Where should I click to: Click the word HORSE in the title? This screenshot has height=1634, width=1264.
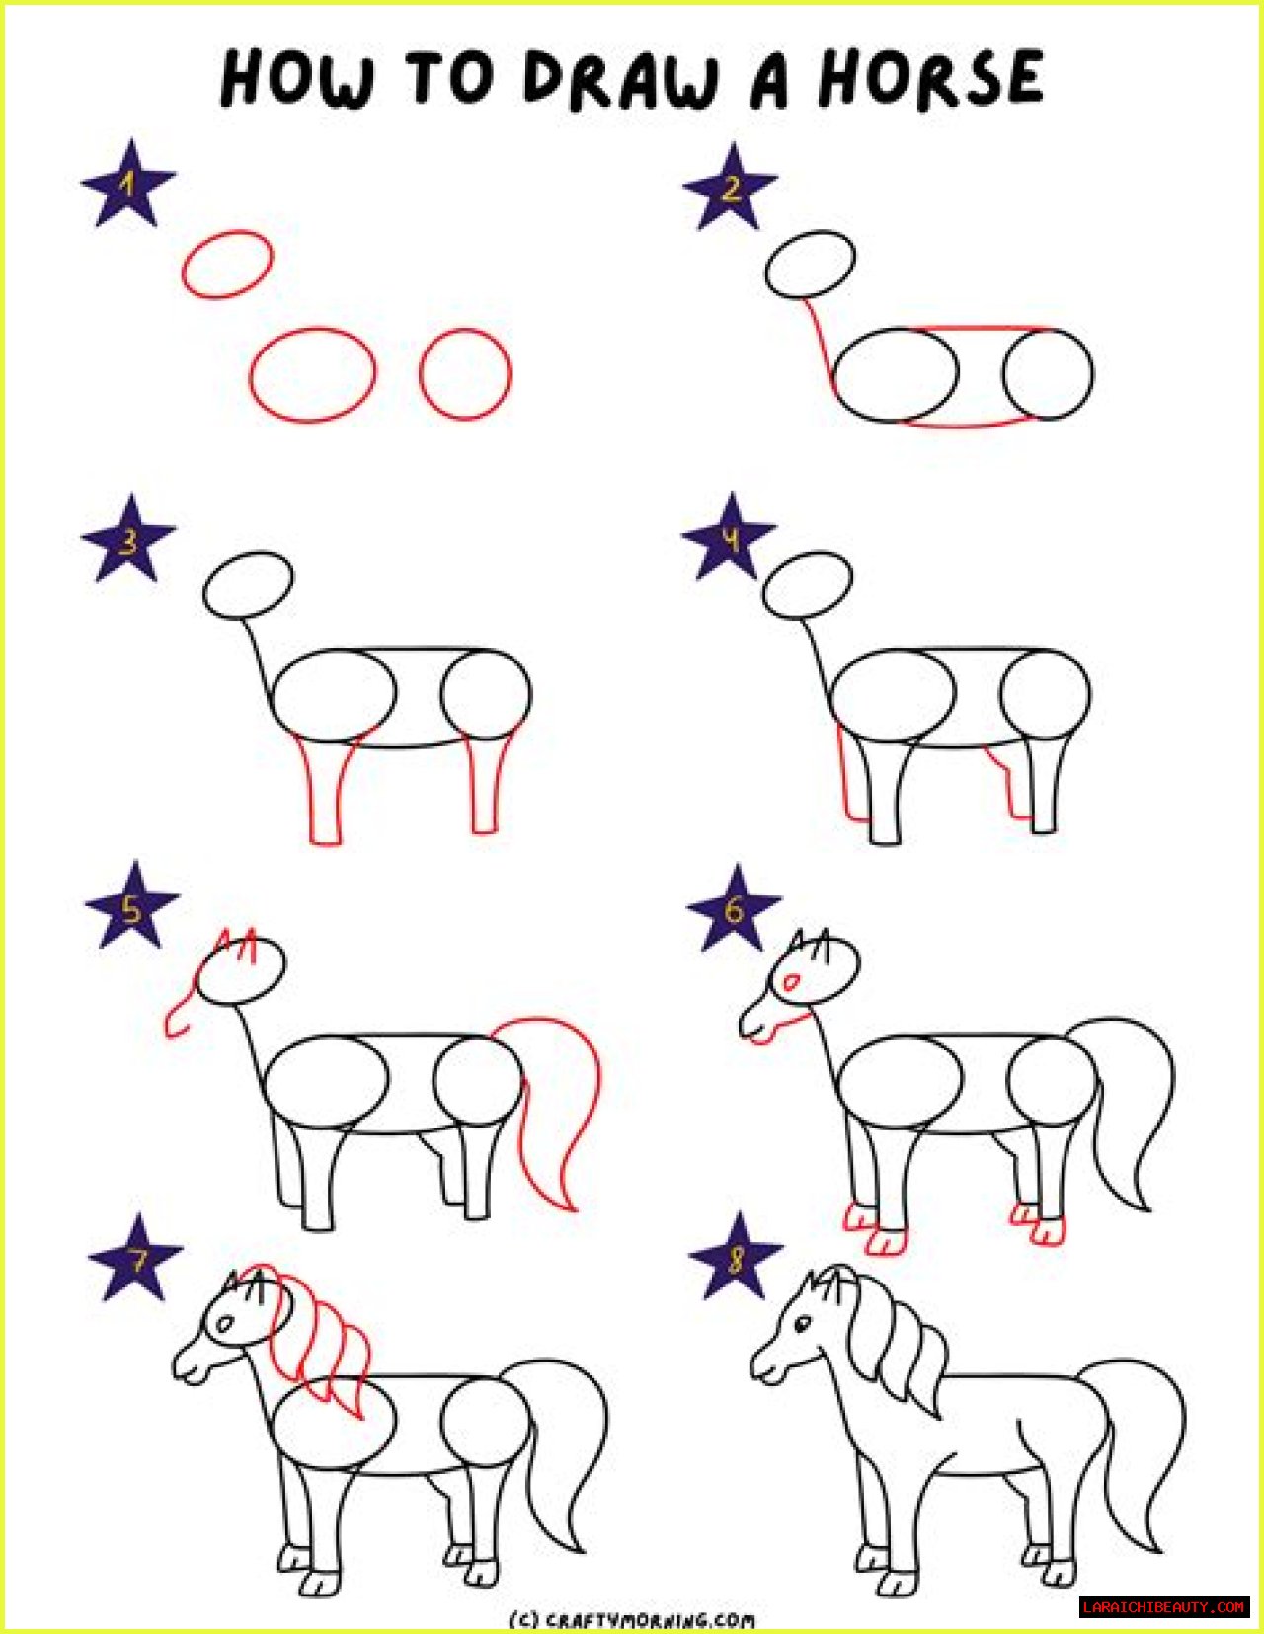931,77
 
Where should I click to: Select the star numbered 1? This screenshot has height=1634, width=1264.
128,184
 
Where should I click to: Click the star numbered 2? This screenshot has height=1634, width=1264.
730,188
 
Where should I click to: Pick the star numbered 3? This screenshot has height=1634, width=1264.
128,538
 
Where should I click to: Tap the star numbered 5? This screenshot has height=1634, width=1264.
132,906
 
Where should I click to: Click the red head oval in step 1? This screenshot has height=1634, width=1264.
227,264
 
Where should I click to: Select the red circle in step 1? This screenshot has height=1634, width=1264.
465,374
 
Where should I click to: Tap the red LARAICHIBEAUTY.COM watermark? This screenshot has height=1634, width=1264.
1164,1607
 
